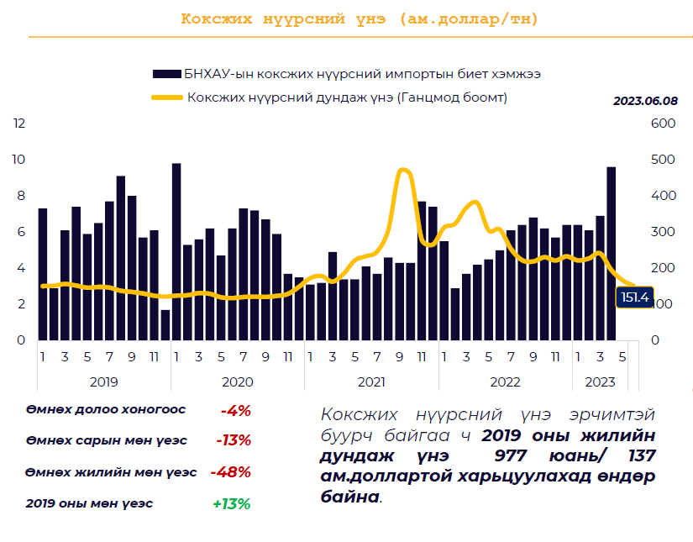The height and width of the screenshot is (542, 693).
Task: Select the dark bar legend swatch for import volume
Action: (165, 74)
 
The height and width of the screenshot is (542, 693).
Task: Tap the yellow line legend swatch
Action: (165, 97)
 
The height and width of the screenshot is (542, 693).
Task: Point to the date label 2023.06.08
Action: (644, 101)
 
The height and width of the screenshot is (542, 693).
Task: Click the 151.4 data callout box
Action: (634, 297)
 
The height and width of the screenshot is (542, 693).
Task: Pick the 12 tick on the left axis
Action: (19, 124)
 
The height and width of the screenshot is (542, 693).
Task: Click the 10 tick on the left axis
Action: (19, 160)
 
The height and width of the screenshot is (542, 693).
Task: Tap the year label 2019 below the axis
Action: (103, 382)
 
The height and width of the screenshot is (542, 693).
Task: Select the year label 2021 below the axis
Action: (371, 382)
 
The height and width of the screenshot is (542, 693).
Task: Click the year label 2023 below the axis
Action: (600, 382)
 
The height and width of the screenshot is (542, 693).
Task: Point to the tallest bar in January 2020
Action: (176, 252)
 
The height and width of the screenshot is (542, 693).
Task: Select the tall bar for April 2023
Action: (611, 253)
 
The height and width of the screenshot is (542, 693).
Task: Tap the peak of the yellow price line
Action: (403, 171)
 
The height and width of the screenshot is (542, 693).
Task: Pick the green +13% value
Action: (231, 503)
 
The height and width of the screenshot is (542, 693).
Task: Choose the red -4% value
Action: (236, 410)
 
